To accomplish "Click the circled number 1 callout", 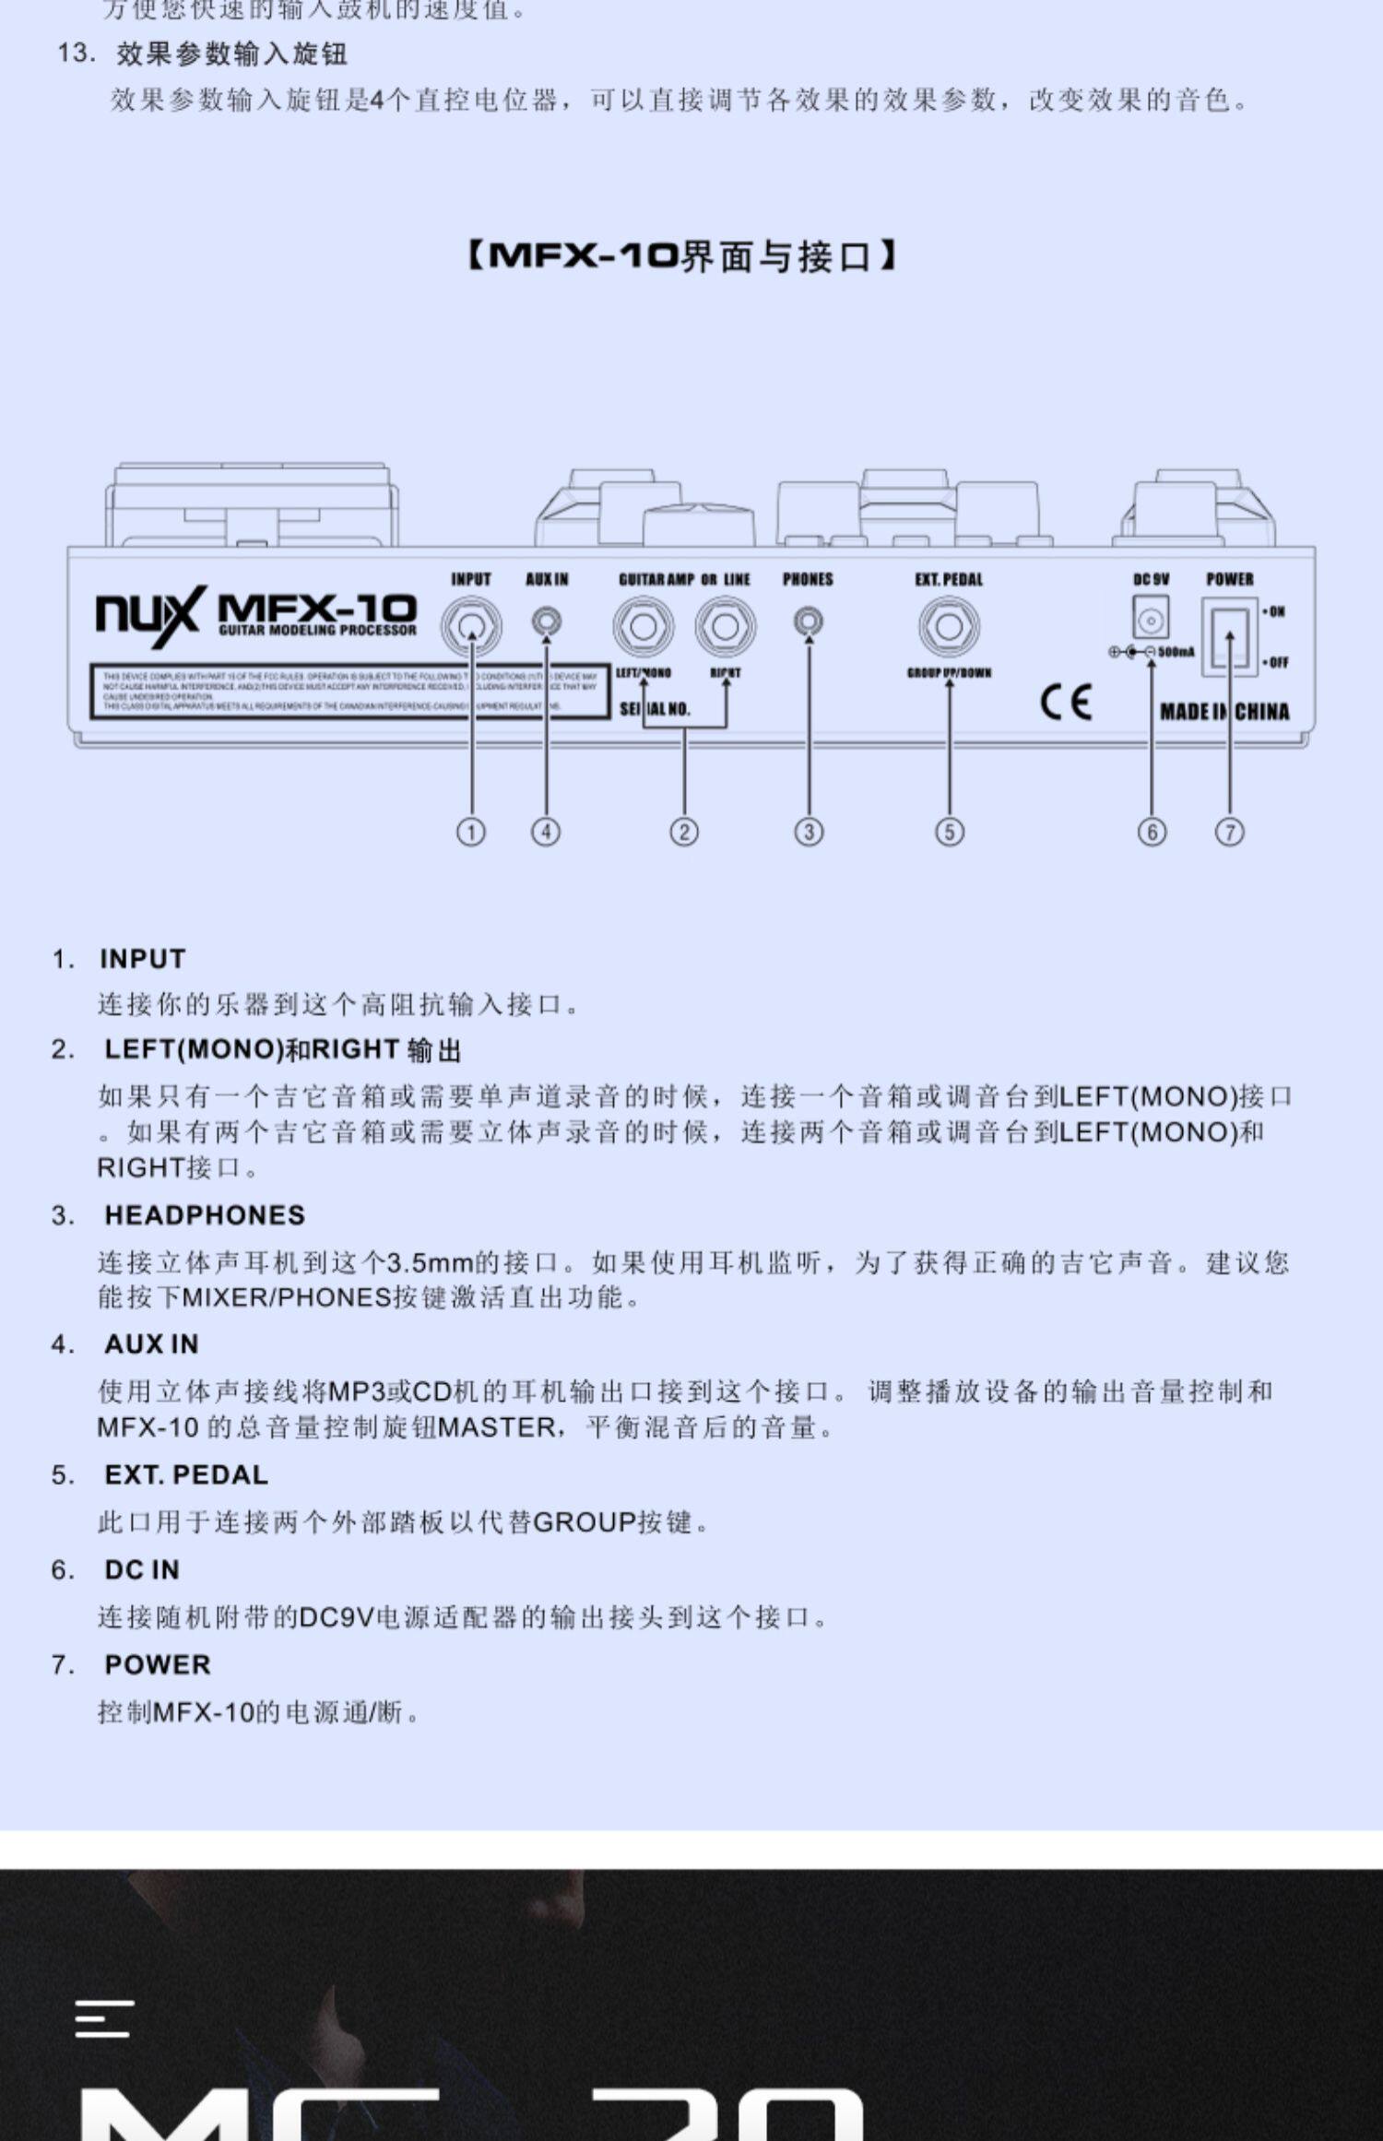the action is [x=471, y=832].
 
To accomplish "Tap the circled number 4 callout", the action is [x=546, y=832].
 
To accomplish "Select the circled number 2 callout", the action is [x=684, y=832].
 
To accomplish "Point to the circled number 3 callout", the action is [x=809, y=832].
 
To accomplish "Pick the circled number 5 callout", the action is [x=950, y=832].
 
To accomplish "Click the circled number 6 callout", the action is [x=1152, y=832].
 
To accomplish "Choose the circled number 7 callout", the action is [x=1229, y=832].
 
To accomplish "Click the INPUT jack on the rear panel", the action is [x=471, y=626].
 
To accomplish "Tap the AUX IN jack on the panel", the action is [x=547, y=622].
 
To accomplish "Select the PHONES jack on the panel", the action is [x=809, y=622].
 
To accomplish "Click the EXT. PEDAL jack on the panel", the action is [x=949, y=626].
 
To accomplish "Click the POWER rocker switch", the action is [x=1229, y=635].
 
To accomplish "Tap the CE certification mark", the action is [x=1066, y=703].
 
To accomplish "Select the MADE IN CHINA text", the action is [x=1224, y=711].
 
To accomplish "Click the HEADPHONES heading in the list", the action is [x=205, y=1215].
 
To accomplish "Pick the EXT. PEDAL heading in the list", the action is [x=186, y=1475].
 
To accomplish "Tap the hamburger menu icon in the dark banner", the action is [x=105, y=2018].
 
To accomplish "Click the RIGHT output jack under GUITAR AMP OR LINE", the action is [x=726, y=626].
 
